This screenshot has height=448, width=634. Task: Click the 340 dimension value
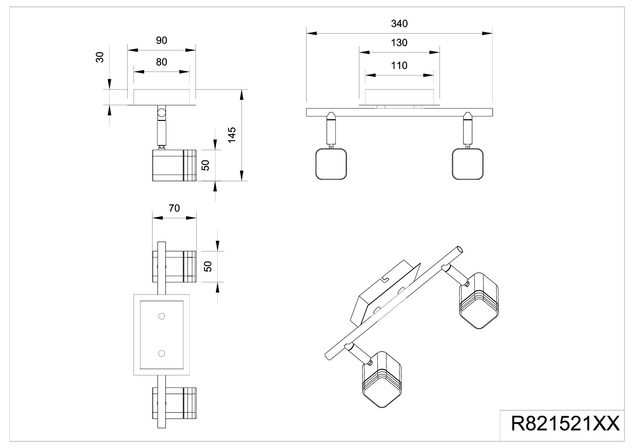click(x=399, y=23)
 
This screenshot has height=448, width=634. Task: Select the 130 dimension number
click(x=399, y=43)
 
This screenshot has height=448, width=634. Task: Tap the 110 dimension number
click(x=399, y=65)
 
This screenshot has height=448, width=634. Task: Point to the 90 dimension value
click(x=162, y=40)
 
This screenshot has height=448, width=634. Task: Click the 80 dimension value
click(x=162, y=62)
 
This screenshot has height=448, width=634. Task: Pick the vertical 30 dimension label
click(x=100, y=57)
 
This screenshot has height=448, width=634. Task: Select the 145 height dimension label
click(x=232, y=135)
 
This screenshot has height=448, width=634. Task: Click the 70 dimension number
click(x=174, y=208)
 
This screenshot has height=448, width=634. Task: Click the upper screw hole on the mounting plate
click(x=162, y=316)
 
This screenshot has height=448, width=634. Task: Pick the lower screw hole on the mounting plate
click(x=162, y=353)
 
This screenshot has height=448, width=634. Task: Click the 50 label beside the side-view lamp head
click(x=206, y=165)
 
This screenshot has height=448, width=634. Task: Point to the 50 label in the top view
click(x=207, y=266)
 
